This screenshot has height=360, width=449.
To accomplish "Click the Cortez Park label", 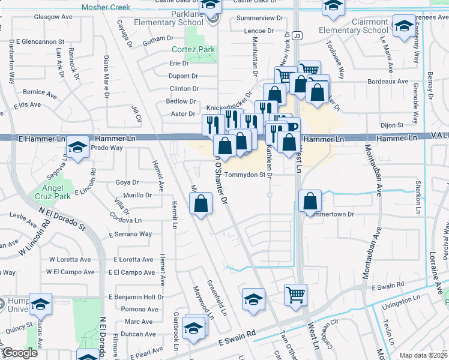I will [x=193, y=49].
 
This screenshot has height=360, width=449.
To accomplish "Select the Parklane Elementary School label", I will [x=170, y=18].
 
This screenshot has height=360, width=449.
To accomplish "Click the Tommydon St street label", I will [x=245, y=175].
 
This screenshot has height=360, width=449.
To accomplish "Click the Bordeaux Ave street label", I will [x=387, y=81].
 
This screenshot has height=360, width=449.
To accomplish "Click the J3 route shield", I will [x=298, y=36].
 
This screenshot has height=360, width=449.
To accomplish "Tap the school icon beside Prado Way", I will [x=77, y=147].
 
